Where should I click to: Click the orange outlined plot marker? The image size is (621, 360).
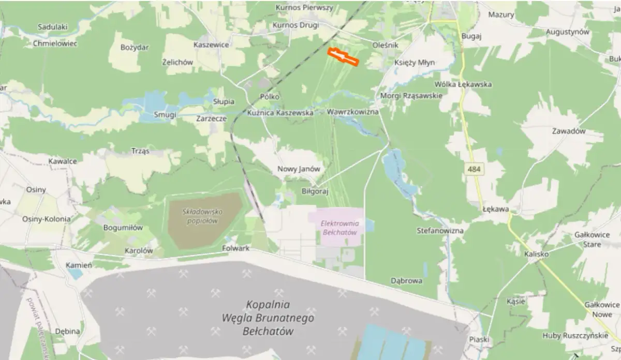click(x=344, y=56)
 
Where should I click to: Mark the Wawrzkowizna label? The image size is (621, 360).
click(x=353, y=112)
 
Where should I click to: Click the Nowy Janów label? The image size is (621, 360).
click(x=299, y=169)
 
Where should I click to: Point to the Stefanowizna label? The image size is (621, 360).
click(x=440, y=231)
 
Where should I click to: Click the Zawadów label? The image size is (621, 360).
click(x=569, y=131)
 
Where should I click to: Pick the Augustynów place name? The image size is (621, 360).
click(x=568, y=32)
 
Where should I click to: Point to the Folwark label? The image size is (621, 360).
click(x=235, y=248)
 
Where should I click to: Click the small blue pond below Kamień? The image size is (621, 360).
click(x=75, y=274)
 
